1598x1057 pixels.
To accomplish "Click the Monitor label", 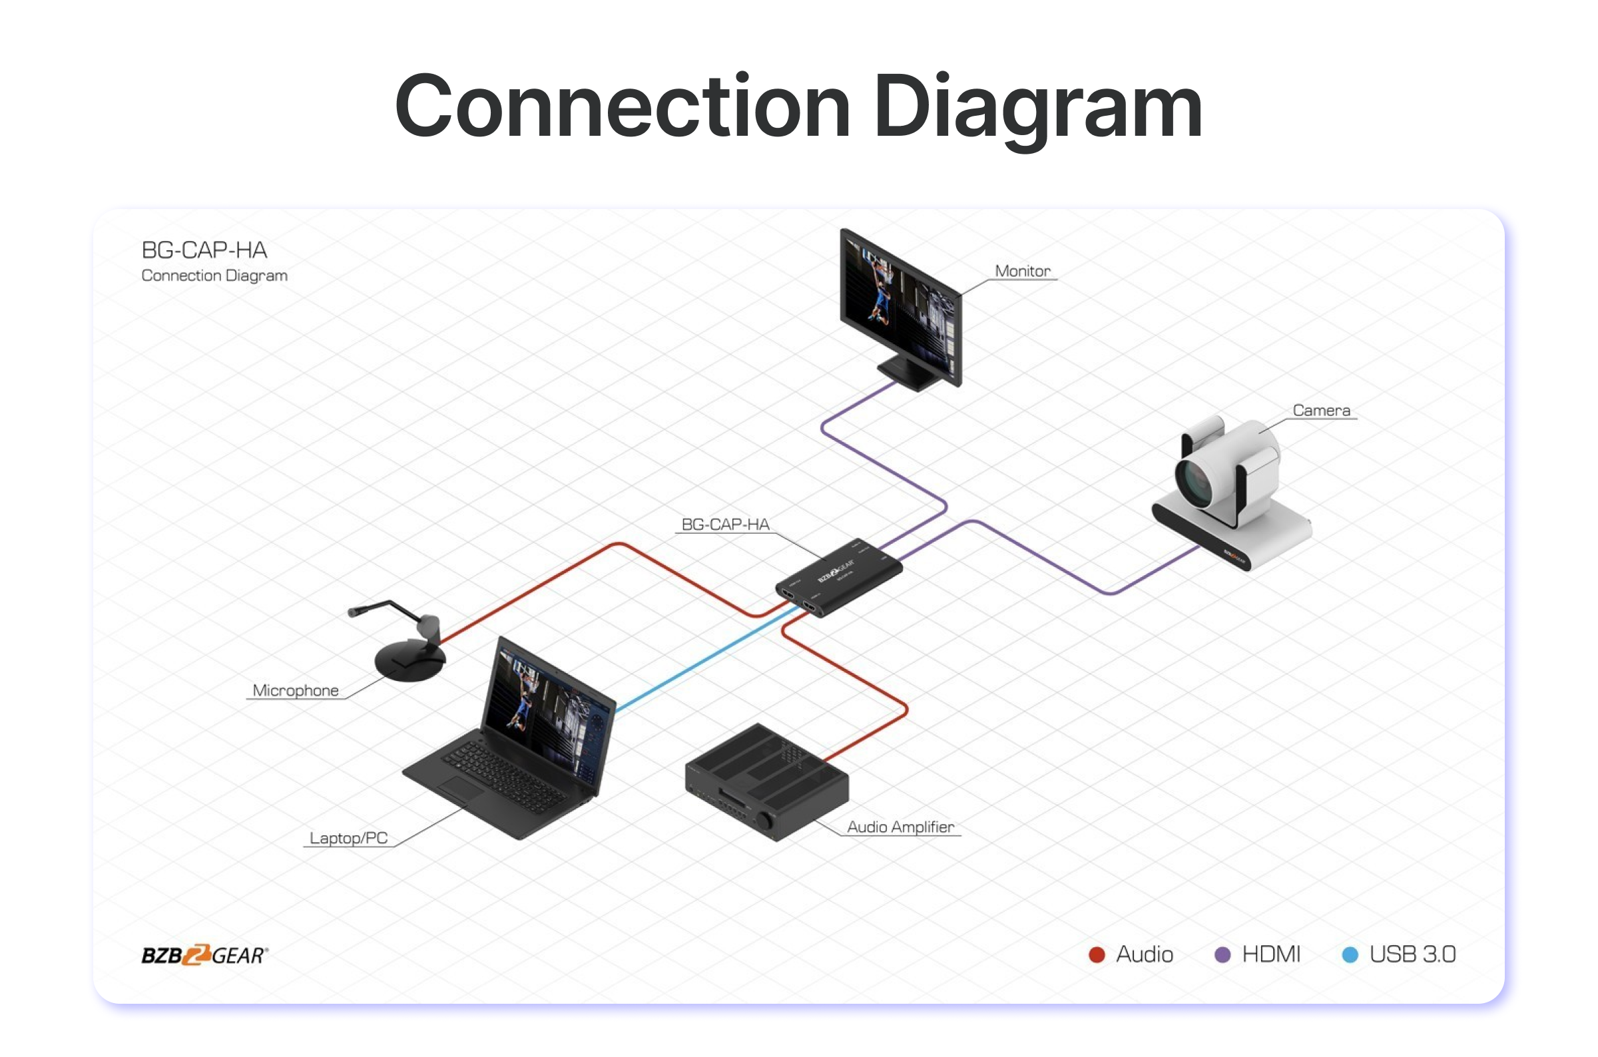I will tap(1022, 271).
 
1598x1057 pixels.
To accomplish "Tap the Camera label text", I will tap(1321, 411).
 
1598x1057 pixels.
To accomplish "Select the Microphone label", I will tap(296, 690).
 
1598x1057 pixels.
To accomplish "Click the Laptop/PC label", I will tap(349, 838).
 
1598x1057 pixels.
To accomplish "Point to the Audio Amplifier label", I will tap(900, 827).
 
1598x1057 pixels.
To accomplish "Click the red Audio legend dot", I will tap(1097, 954).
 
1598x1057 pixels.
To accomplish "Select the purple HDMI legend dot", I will tap(1222, 954).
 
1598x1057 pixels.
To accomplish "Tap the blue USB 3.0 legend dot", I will tap(1350, 954).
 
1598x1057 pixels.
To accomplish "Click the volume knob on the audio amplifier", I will tap(765, 821).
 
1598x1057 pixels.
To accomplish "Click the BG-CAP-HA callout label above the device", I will tap(725, 525).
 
